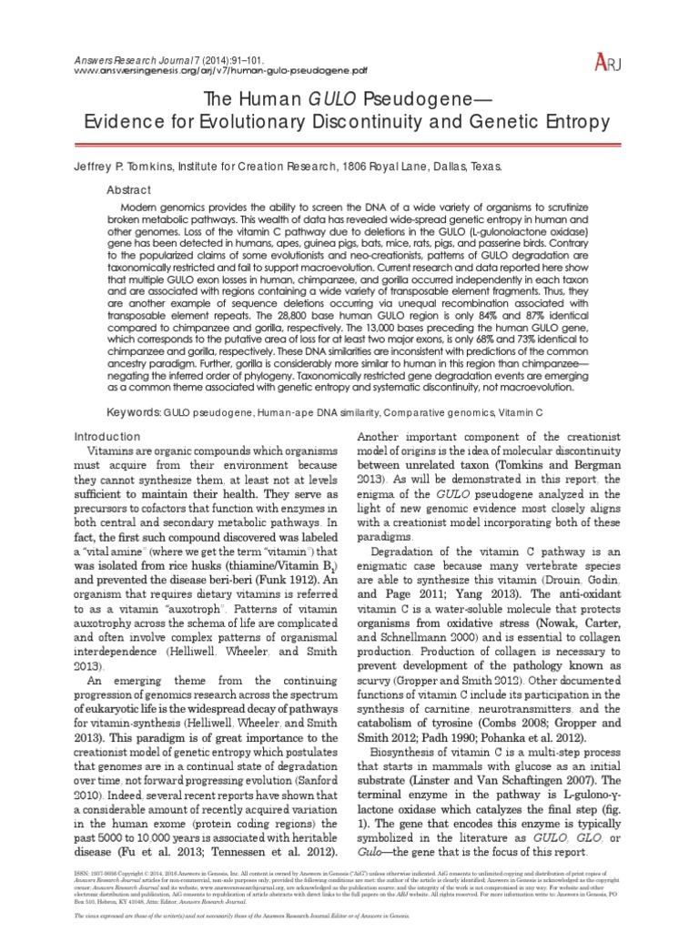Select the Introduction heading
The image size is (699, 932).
(x=108, y=436)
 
